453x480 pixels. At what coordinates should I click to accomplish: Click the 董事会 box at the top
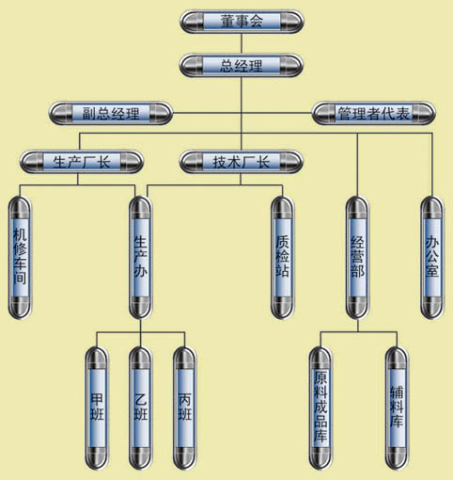(x=242, y=22)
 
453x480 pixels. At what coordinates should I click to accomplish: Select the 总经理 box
(x=242, y=66)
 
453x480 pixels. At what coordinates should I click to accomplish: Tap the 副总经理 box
(x=111, y=113)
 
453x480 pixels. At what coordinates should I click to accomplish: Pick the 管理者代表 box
(x=374, y=113)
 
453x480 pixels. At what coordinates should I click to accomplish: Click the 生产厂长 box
(x=82, y=162)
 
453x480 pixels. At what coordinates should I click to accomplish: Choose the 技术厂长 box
(x=242, y=162)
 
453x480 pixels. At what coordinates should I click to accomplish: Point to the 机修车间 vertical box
(x=20, y=257)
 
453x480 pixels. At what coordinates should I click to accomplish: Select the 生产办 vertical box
(x=140, y=257)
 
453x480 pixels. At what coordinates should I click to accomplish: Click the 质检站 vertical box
(x=282, y=257)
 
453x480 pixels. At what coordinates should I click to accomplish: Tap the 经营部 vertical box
(x=357, y=257)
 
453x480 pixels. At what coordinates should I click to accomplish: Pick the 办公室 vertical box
(x=432, y=257)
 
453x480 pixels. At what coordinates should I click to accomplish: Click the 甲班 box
(x=97, y=408)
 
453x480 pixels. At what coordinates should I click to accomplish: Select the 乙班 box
(x=141, y=408)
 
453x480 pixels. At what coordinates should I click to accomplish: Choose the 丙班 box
(x=185, y=408)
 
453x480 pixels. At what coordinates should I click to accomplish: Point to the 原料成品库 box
(x=320, y=408)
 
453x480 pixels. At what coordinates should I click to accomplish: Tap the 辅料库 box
(x=397, y=408)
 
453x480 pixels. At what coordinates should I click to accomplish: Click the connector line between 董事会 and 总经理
(x=242, y=43)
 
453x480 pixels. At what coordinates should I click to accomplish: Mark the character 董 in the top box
(x=227, y=22)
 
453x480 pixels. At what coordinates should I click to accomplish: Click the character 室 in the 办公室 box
(x=432, y=270)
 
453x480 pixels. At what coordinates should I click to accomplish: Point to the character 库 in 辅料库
(x=397, y=420)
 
